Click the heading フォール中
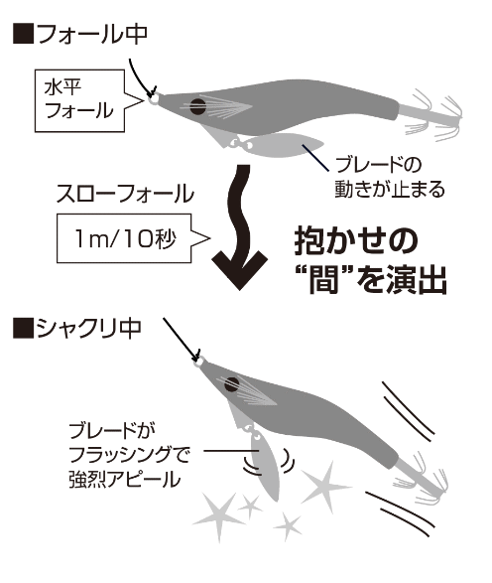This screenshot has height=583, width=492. (x=92, y=34)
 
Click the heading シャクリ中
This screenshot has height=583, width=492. (x=88, y=328)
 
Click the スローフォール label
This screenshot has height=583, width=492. (x=125, y=194)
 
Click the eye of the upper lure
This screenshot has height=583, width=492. (x=197, y=106)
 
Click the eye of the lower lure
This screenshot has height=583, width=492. (x=232, y=384)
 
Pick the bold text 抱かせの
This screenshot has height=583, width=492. (x=356, y=241)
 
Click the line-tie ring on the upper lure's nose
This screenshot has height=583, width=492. (x=154, y=99)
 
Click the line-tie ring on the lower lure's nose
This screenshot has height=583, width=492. (x=199, y=362)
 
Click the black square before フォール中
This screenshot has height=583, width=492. (x=23, y=34)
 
